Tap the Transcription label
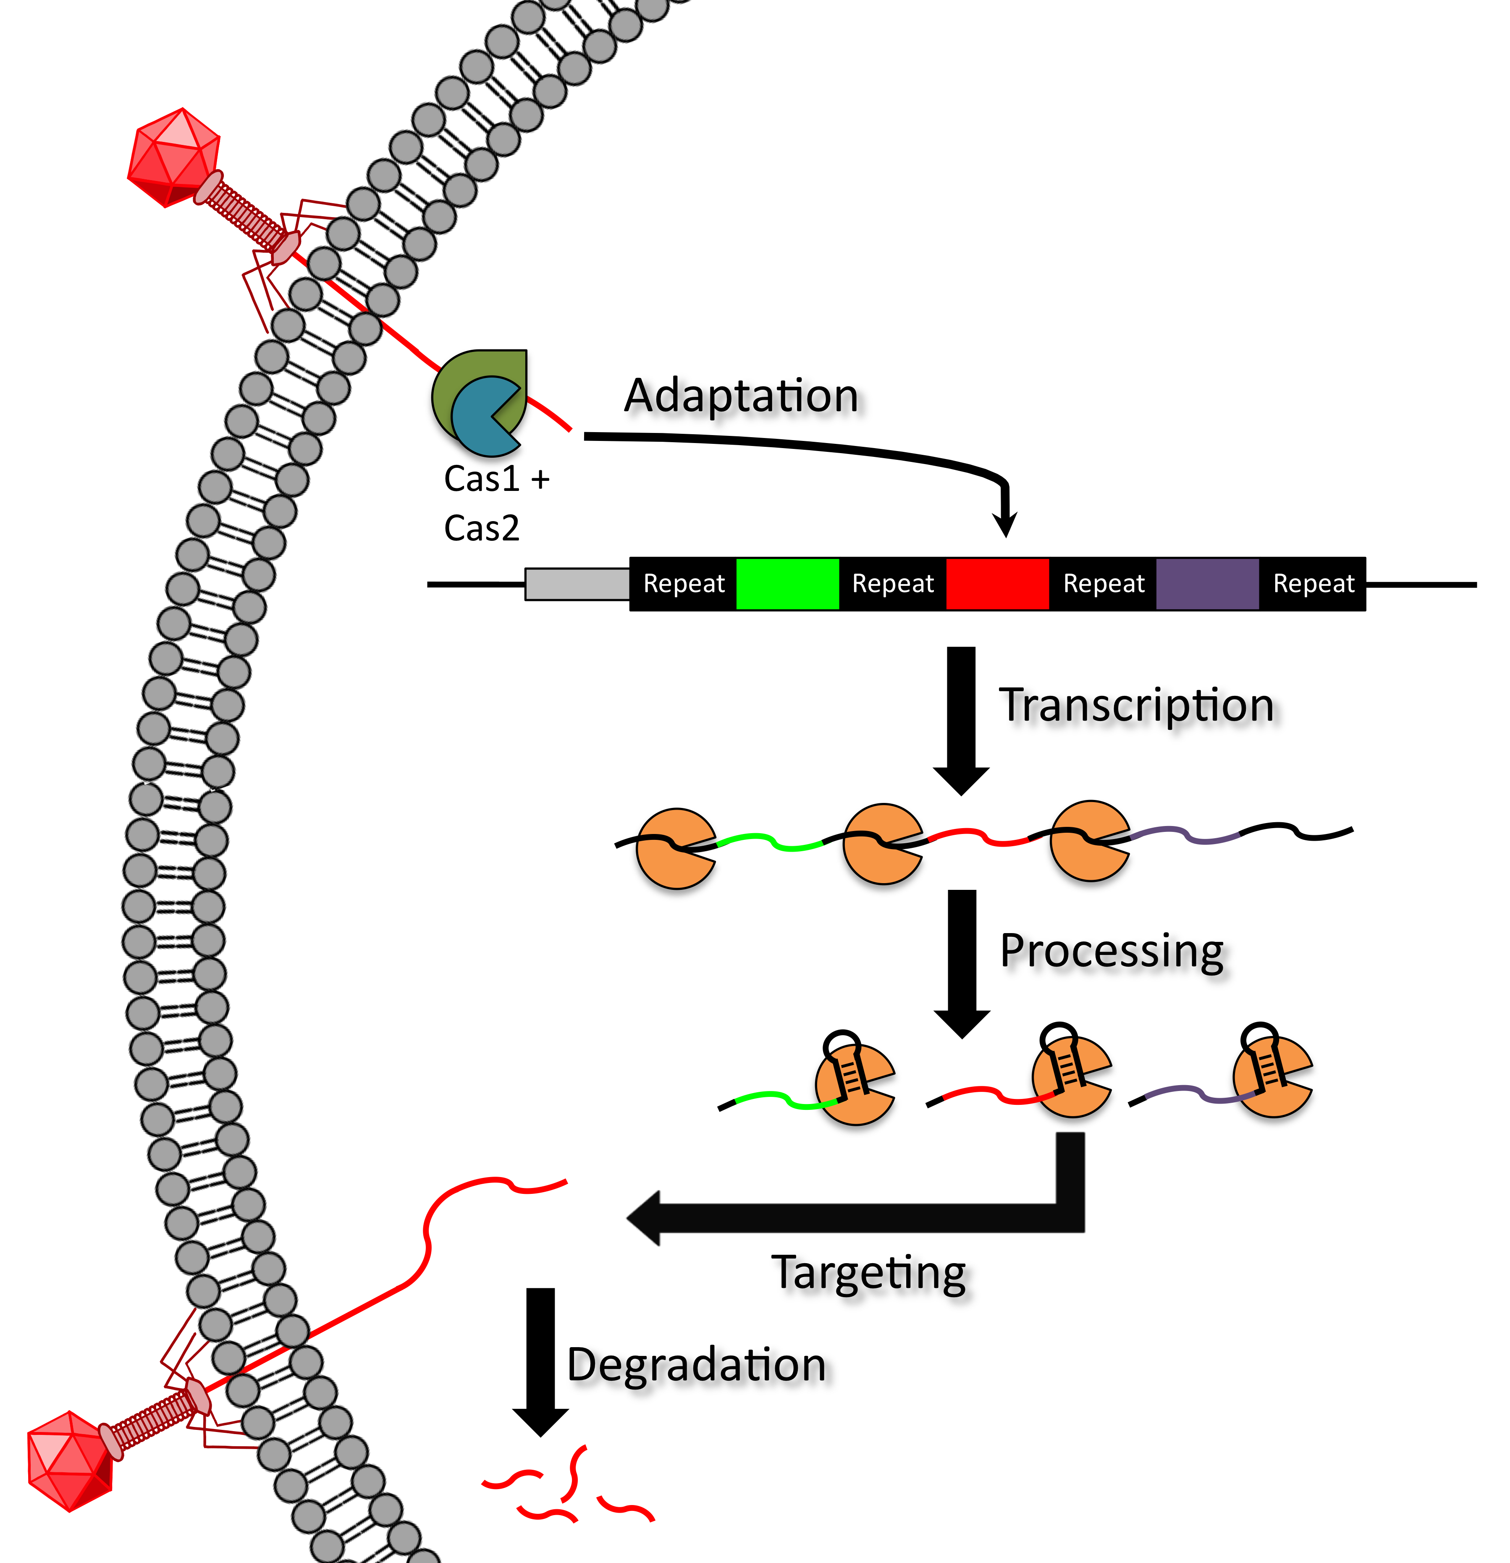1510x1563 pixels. click(1137, 706)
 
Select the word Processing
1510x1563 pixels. click(1112, 951)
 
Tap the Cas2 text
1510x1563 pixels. click(482, 528)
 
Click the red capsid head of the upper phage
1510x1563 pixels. click(174, 157)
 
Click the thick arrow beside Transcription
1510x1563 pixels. click(962, 718)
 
